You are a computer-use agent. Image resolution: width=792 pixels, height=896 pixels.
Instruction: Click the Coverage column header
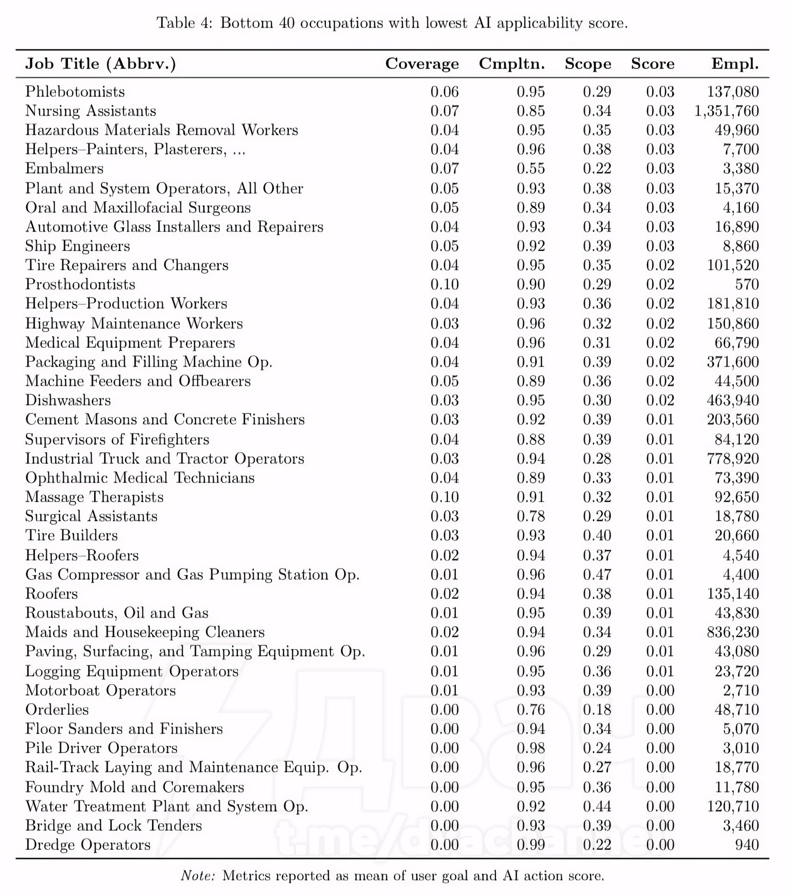[x=422, y=64]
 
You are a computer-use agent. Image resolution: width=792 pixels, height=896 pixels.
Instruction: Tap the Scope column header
[x=588, y=64]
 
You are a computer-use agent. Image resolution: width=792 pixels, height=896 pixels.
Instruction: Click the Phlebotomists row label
[x=75, y=91]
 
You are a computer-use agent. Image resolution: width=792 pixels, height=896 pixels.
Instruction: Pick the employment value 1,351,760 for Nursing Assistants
[x=726, y=111]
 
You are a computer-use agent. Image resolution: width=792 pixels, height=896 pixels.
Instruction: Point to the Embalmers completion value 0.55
[x=530, y=168]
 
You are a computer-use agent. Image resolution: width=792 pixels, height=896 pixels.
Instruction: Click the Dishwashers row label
[x=68, y=400]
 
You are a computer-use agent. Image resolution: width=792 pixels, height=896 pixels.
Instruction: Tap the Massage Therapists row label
[x=94, y=497]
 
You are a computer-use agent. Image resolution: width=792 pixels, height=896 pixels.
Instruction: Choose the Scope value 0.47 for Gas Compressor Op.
[x=597, y=574]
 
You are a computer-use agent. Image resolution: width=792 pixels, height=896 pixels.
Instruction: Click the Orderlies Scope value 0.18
[x=597, y=710]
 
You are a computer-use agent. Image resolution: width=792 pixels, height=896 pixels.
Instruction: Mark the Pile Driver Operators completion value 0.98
[x=530, y=748]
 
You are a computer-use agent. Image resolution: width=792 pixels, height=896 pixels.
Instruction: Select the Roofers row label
[x=51, y=594]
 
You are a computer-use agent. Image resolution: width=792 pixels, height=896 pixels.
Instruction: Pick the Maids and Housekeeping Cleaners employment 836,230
[x=733, y=632]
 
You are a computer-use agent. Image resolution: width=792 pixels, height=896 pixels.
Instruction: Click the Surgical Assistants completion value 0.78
[x=530, y=516]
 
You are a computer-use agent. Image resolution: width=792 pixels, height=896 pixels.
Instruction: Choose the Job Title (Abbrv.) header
[x=101, y=64]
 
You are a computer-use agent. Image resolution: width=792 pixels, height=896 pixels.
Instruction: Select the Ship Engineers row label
[x=77, y=246]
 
